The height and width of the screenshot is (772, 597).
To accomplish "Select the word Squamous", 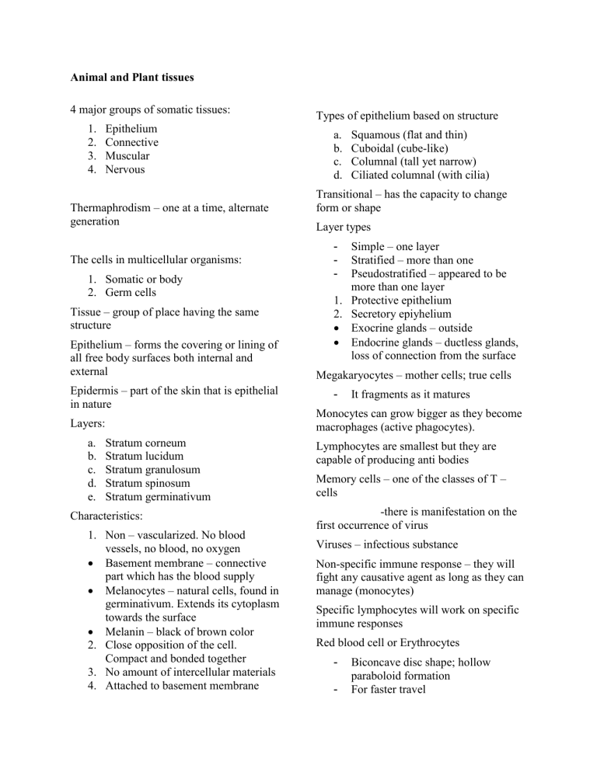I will [377, 134].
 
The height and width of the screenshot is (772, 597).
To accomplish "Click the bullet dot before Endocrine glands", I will [337, 342].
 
